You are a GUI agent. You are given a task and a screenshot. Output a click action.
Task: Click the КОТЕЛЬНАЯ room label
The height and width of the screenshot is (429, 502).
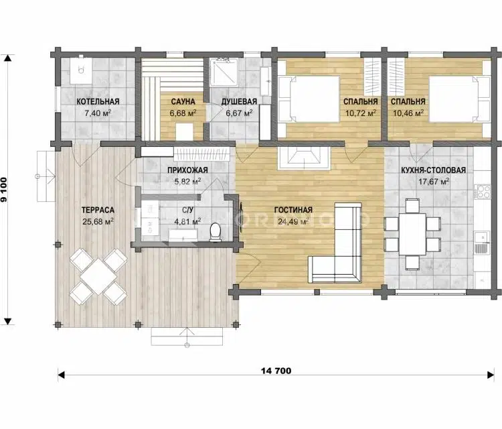[98, 102]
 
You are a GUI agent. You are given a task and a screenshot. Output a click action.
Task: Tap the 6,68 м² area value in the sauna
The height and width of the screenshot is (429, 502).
[183, 113]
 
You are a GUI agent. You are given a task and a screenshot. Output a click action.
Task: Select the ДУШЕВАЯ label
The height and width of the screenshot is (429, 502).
[239, 102]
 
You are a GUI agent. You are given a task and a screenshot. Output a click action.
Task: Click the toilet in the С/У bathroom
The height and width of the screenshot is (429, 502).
[215, 232]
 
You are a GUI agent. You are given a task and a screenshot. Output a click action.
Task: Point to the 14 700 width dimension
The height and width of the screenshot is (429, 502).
[276, 371]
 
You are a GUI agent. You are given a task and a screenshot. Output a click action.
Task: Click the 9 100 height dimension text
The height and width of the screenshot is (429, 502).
[4, 190]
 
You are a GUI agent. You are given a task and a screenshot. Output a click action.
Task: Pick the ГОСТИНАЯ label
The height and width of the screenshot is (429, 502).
[293, 210]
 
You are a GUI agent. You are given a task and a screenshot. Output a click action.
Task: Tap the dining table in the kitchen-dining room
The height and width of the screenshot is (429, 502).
[413, 234]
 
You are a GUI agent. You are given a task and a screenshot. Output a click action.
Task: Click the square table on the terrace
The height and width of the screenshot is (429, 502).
[98, 277]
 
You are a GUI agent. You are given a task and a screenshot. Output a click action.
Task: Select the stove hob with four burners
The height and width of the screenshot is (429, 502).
[483, 192]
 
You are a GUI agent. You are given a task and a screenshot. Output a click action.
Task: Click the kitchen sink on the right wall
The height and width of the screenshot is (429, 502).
[481, 242]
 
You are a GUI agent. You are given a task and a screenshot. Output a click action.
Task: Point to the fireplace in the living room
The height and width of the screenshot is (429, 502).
[303, 158]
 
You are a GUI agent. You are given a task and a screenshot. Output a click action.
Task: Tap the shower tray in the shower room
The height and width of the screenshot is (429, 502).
[224, 72]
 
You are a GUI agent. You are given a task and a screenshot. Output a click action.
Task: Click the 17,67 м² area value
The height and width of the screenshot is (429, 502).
[434, 182]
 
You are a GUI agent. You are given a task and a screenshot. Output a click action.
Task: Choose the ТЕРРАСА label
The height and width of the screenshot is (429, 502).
[98, 210]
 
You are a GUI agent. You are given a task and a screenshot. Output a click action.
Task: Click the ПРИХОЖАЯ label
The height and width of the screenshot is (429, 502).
[187, 170]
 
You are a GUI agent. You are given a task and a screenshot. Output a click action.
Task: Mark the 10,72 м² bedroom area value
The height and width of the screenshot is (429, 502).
[361, 113]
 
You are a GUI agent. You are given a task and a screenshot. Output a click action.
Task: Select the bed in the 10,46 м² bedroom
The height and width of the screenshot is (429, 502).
[459, 99]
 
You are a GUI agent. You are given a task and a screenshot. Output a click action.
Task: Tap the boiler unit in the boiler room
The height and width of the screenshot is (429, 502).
[81, 70]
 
